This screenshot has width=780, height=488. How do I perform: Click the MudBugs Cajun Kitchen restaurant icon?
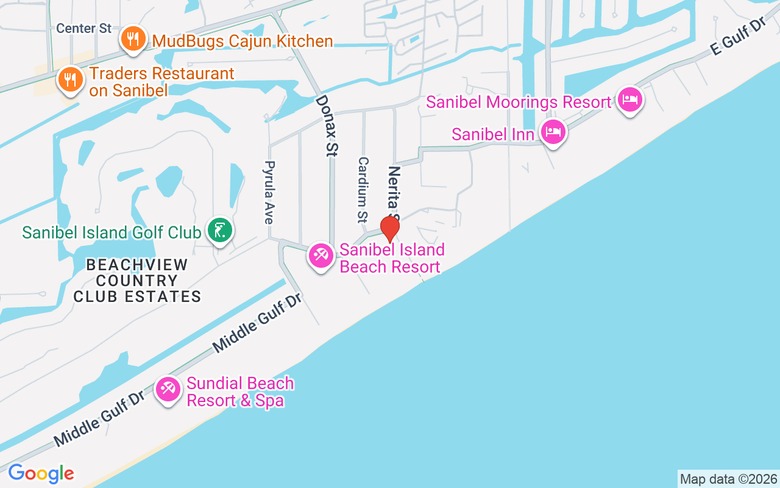click(x=132, y=39)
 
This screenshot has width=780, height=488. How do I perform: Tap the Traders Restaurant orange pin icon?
click(x=71, y=79)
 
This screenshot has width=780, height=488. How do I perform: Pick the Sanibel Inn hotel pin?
click(x=553, y=131)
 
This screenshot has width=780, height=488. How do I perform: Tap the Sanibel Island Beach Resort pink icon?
click(x=321, y=256)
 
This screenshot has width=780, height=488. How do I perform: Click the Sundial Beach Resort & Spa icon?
click(x=167, y=389)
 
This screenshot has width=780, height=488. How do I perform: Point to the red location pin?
click(x=389, y=229)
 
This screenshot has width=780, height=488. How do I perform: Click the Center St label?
click(x=83, y=29)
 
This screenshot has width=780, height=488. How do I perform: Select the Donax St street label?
click(x=327, y=126)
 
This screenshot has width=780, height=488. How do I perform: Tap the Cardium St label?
click(x=363, y=189)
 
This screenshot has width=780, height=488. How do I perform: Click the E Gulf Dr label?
click(x=737, y=38)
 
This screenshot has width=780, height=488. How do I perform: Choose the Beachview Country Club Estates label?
click(x=137, y=281)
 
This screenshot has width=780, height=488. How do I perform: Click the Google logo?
click(x=41, y=473)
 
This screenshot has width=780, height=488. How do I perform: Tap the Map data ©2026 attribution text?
click(x=728, y=479)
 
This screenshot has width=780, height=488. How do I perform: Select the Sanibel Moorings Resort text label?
click(x=518, y=102)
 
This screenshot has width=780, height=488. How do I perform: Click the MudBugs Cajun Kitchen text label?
click(x=243, y=41)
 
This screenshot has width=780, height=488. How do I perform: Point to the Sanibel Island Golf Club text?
click(x=112, y=232)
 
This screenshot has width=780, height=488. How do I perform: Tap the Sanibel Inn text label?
click(x=492, y=134)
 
